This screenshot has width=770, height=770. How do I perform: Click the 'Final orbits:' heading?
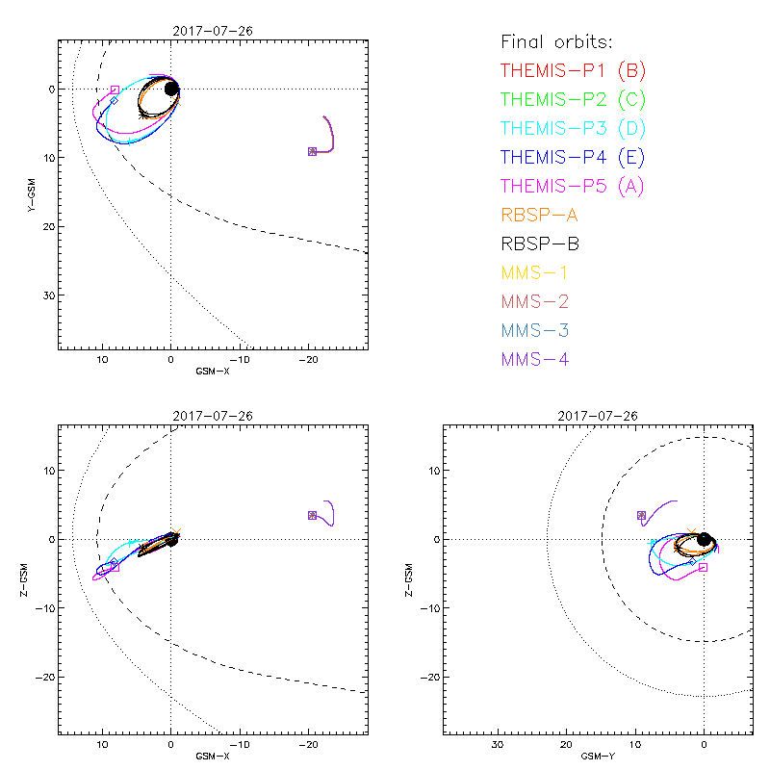point(557,41)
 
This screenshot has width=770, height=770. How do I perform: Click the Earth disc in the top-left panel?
point(171,89)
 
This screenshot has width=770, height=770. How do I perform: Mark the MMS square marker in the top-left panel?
point(312,151)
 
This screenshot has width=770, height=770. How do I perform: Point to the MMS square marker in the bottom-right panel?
point(641,516)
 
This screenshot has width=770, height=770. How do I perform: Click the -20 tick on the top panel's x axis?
point(308,359)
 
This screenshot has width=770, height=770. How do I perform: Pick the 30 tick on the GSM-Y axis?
point(498,745)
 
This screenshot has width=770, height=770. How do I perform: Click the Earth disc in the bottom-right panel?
point(705,539)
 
